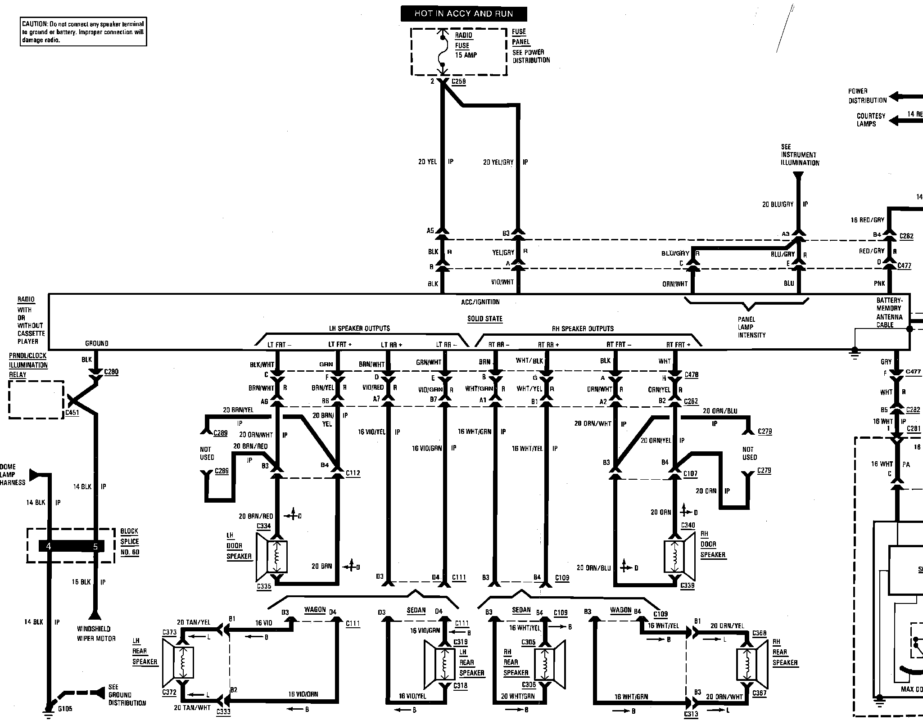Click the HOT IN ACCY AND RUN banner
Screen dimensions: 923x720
point(463,13)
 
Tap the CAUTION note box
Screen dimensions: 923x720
point(84,32)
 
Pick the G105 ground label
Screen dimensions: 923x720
point(65,709)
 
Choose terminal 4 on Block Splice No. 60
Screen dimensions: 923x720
point(49,546)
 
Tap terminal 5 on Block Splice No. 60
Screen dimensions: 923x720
point(95,546)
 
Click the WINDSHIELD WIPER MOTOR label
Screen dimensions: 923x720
point(96,633)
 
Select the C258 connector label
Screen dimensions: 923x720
point(458,81)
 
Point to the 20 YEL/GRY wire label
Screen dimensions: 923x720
point(498,162)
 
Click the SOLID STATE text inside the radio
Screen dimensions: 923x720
point(484,319)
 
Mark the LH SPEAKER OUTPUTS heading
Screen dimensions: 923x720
point(359,328)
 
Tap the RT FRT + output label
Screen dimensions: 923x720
point(678,345)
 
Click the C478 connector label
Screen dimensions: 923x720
point(691,374)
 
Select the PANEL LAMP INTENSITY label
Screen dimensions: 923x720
point(751,327)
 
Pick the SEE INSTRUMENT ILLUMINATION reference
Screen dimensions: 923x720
point(800,155)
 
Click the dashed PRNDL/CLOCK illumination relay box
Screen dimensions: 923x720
point(36,400)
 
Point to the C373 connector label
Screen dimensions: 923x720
point(169,632)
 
